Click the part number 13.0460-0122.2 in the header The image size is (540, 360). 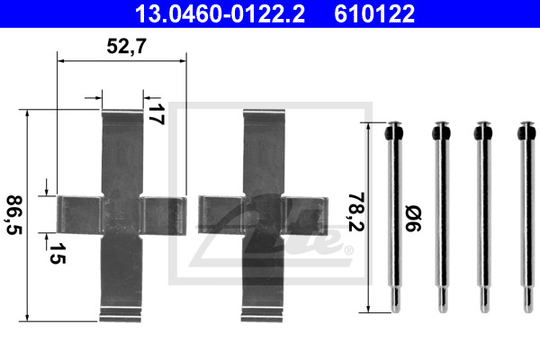(x=220, y=14)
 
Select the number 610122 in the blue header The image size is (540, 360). (x=374, y=14)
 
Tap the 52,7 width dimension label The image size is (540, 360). (x=126, y=46)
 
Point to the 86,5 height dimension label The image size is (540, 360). (x=14, y=215)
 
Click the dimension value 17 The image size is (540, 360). (x=156, y=114)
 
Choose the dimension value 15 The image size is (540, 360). (x=57, y=253)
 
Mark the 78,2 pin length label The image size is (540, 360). (x=356, y=212)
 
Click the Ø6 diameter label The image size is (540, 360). (x=413, y=218)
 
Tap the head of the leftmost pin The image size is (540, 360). (x=394, y=131)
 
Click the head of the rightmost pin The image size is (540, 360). (x=527, y=131)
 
